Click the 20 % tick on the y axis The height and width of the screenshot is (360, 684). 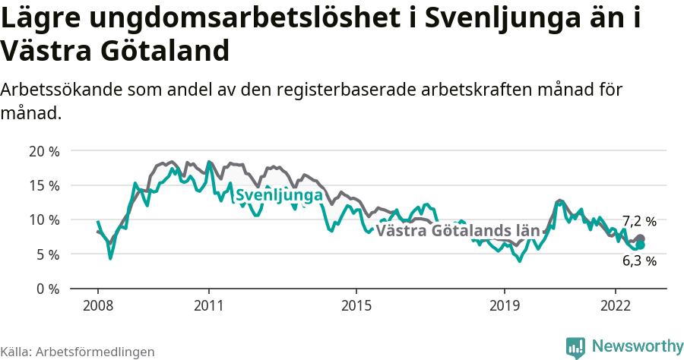[x=43, y=150]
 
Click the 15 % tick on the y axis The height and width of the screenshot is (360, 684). [x=43, y=185]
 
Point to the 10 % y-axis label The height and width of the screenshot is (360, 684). [x=43, y=219]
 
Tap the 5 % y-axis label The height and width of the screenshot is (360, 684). [x=46, y=254]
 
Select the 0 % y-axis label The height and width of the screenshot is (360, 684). [x=46, y=289]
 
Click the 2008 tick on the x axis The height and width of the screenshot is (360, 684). [x=98, y=305]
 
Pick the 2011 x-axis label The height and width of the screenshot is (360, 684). [x=209, y=305]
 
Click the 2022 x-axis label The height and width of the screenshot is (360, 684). [x=615, y=305]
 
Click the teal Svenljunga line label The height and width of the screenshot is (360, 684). [x=279, y=196]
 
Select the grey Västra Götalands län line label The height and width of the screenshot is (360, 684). [x=458, y=230]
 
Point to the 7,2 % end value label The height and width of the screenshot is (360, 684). [x=639, y=222]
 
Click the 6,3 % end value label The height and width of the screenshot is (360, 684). [x=639, y=261]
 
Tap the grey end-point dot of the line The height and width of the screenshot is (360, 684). [x=640, y=238]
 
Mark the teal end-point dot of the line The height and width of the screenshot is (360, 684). [x=640, y=245]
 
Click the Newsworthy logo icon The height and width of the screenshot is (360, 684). [x=575, y=346]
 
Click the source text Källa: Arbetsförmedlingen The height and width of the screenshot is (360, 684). [x=78, y=352]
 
